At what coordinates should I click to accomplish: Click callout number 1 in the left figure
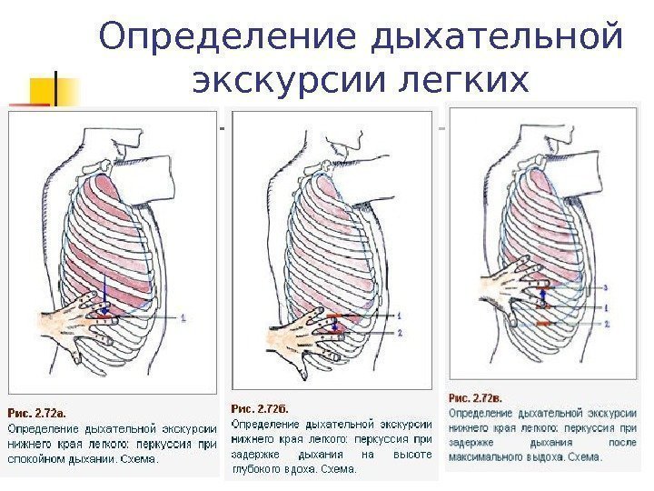(184, 317)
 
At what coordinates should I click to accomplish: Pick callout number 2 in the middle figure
(399, 333)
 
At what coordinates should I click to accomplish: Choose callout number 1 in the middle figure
(399, 315)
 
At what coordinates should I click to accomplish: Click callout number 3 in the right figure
(606, 286)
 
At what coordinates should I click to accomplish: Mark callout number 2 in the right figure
(606, 325)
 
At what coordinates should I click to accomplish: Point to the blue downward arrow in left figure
(105, 300)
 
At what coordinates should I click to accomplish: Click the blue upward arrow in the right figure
(543, 293)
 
